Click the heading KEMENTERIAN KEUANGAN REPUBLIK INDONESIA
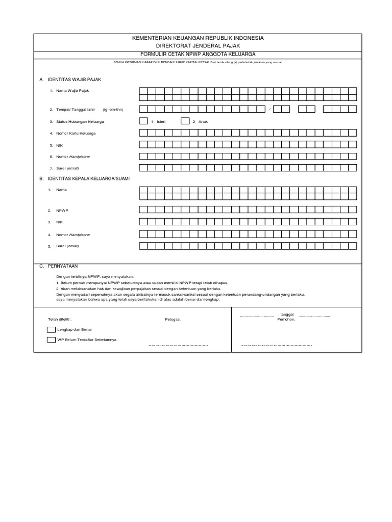(x=198, y=38)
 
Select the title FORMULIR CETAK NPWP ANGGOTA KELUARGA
(x=198, y=54)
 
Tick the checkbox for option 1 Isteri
(x=143, y=121)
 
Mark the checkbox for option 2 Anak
(x=185, y=121)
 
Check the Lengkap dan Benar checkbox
(x=51, y=330)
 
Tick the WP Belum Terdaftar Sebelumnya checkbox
(x=51, y=340)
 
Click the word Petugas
(x=173, y=320)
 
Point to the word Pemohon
(x=286, y=320)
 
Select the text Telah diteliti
(x=60, y=320)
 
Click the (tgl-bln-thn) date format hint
(x=112, y=109)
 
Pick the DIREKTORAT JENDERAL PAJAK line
(x=198, y=46)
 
